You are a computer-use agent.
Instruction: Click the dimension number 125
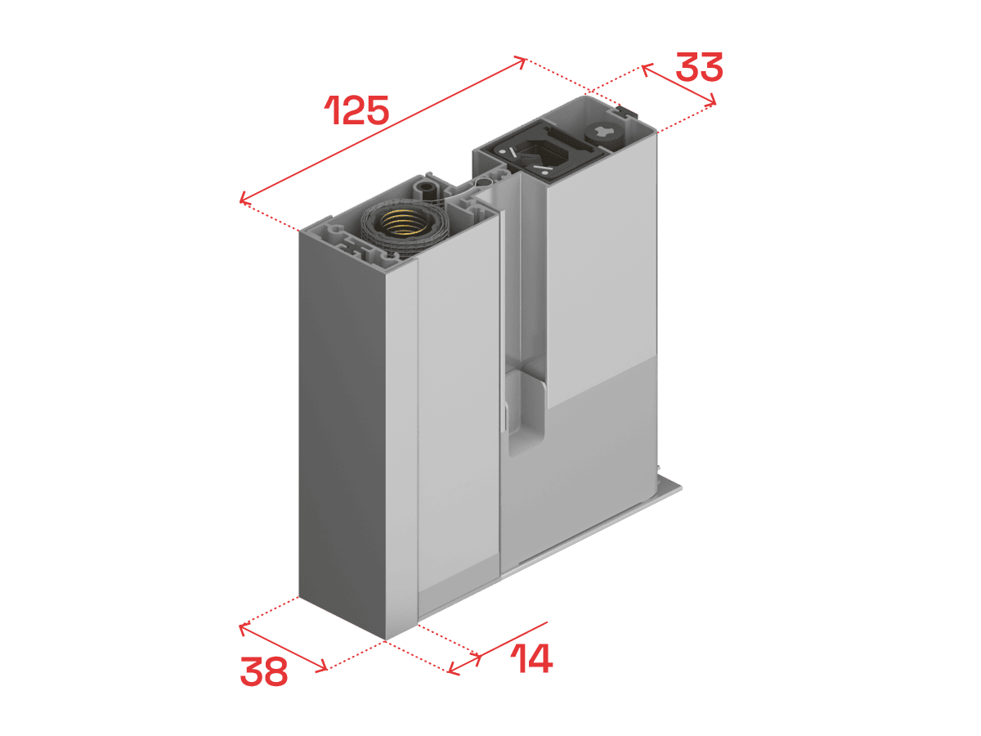357,110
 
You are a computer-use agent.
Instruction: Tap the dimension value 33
699,67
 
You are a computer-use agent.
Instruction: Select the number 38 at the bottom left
264,671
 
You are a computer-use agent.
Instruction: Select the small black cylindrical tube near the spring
428,189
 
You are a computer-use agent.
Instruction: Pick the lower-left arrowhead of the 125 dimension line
244,197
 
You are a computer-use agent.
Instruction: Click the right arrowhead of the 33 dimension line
712,100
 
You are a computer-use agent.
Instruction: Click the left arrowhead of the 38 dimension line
243,628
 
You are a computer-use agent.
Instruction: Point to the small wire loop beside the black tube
484,182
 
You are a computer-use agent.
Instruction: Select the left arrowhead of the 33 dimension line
646,70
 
